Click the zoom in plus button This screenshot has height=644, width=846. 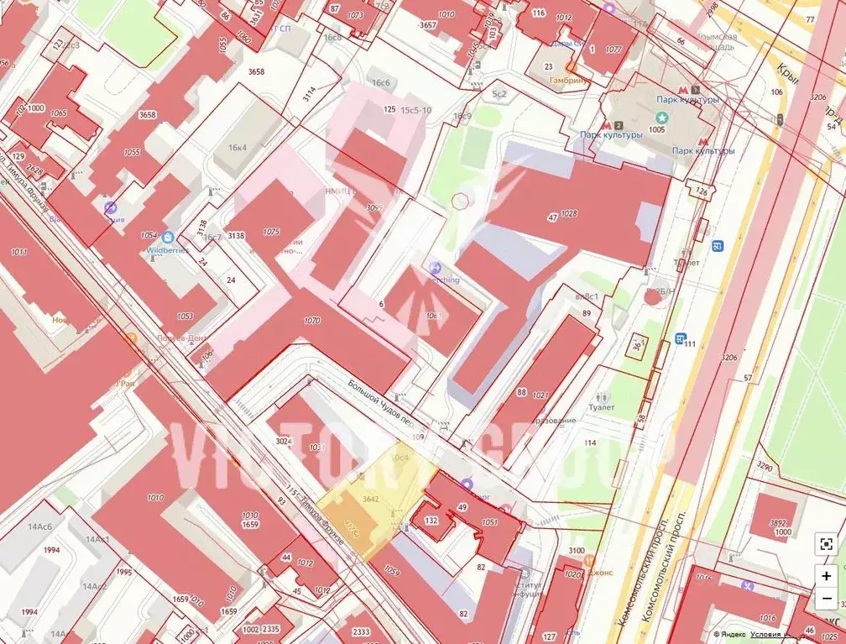point(827,576)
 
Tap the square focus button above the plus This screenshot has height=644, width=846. point(827,544)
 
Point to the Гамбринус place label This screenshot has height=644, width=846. point(568,81)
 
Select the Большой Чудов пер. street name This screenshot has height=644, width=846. point(382,404)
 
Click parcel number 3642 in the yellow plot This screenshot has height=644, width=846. point(371,499)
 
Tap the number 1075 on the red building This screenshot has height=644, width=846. point(270,232)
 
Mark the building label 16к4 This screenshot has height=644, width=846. point(237,148)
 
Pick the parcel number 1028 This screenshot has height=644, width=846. point(569,215)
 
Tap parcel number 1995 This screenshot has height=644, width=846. point(124,573)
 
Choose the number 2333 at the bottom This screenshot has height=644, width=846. point(361,632)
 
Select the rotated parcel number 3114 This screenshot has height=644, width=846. point(310,93)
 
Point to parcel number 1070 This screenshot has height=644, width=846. point(312,320)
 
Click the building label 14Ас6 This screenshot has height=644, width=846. point(39,526)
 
